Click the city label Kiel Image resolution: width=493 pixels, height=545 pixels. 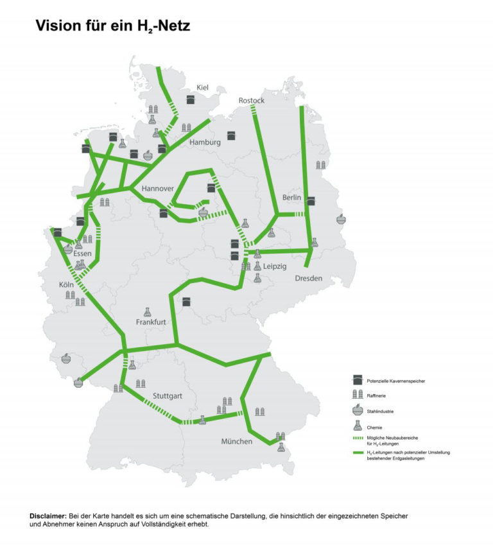click(x=202, y=88)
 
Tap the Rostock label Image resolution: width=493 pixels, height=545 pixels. click(x=251, y=101)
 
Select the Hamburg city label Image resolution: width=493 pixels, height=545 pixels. click(x=205, y=142)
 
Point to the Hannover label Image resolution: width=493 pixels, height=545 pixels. click(x=157, y=189)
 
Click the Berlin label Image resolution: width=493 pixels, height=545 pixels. click(x=291, y=198)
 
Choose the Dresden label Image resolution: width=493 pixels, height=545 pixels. click(x=308, y=278)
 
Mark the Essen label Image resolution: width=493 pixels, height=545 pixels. click(x=82, y=254)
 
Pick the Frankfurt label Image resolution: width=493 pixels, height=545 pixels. click(x=151, y=322)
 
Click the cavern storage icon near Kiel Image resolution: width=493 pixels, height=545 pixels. click(x=191, y=99)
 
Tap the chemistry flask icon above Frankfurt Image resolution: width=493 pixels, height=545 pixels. click(x=147, y=311)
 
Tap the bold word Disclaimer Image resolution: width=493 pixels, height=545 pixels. click(x=48, y=516)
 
